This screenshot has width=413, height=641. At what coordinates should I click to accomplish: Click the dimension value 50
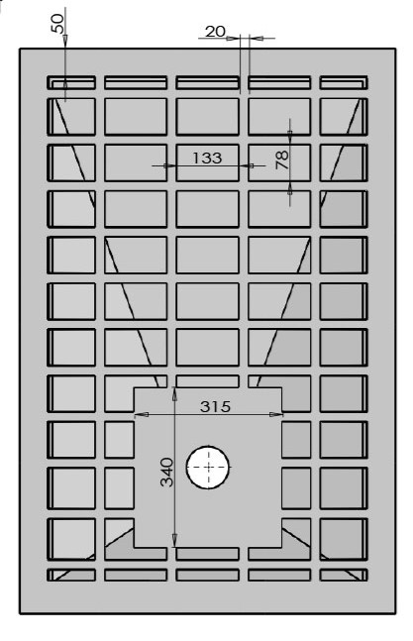tap(57, 24)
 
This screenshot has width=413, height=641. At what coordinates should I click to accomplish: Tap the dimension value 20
tap(215, 32)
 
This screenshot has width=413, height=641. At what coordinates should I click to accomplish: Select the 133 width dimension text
tap(207, 158)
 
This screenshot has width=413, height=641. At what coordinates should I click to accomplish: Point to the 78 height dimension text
tap(282, 160)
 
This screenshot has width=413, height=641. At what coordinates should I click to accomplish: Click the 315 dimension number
tap(215, 406)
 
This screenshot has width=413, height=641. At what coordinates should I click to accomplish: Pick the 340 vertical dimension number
tap(166, 473)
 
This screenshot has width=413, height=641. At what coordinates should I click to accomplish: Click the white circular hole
tap(208, 467)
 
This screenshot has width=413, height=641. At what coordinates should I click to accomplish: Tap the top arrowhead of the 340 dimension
tap(175, 393)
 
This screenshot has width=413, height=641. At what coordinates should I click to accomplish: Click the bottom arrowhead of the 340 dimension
tap(175, 540)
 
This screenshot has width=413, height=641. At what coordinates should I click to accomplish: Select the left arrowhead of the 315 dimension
tap(142, 414)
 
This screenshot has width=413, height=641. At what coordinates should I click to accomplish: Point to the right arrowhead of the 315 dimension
tap(275, 414)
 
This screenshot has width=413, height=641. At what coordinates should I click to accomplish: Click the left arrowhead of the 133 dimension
tap(169, 165)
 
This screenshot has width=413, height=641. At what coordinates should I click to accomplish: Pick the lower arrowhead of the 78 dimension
tap(290, 188)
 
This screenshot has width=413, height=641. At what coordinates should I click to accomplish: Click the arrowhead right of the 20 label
tap(257, 39)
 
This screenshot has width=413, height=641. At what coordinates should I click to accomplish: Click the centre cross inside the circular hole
tap(208, 467)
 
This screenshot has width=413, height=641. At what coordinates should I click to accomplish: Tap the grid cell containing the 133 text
tap(208, 162)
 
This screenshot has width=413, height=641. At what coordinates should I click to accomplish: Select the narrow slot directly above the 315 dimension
tap(208, 381)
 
